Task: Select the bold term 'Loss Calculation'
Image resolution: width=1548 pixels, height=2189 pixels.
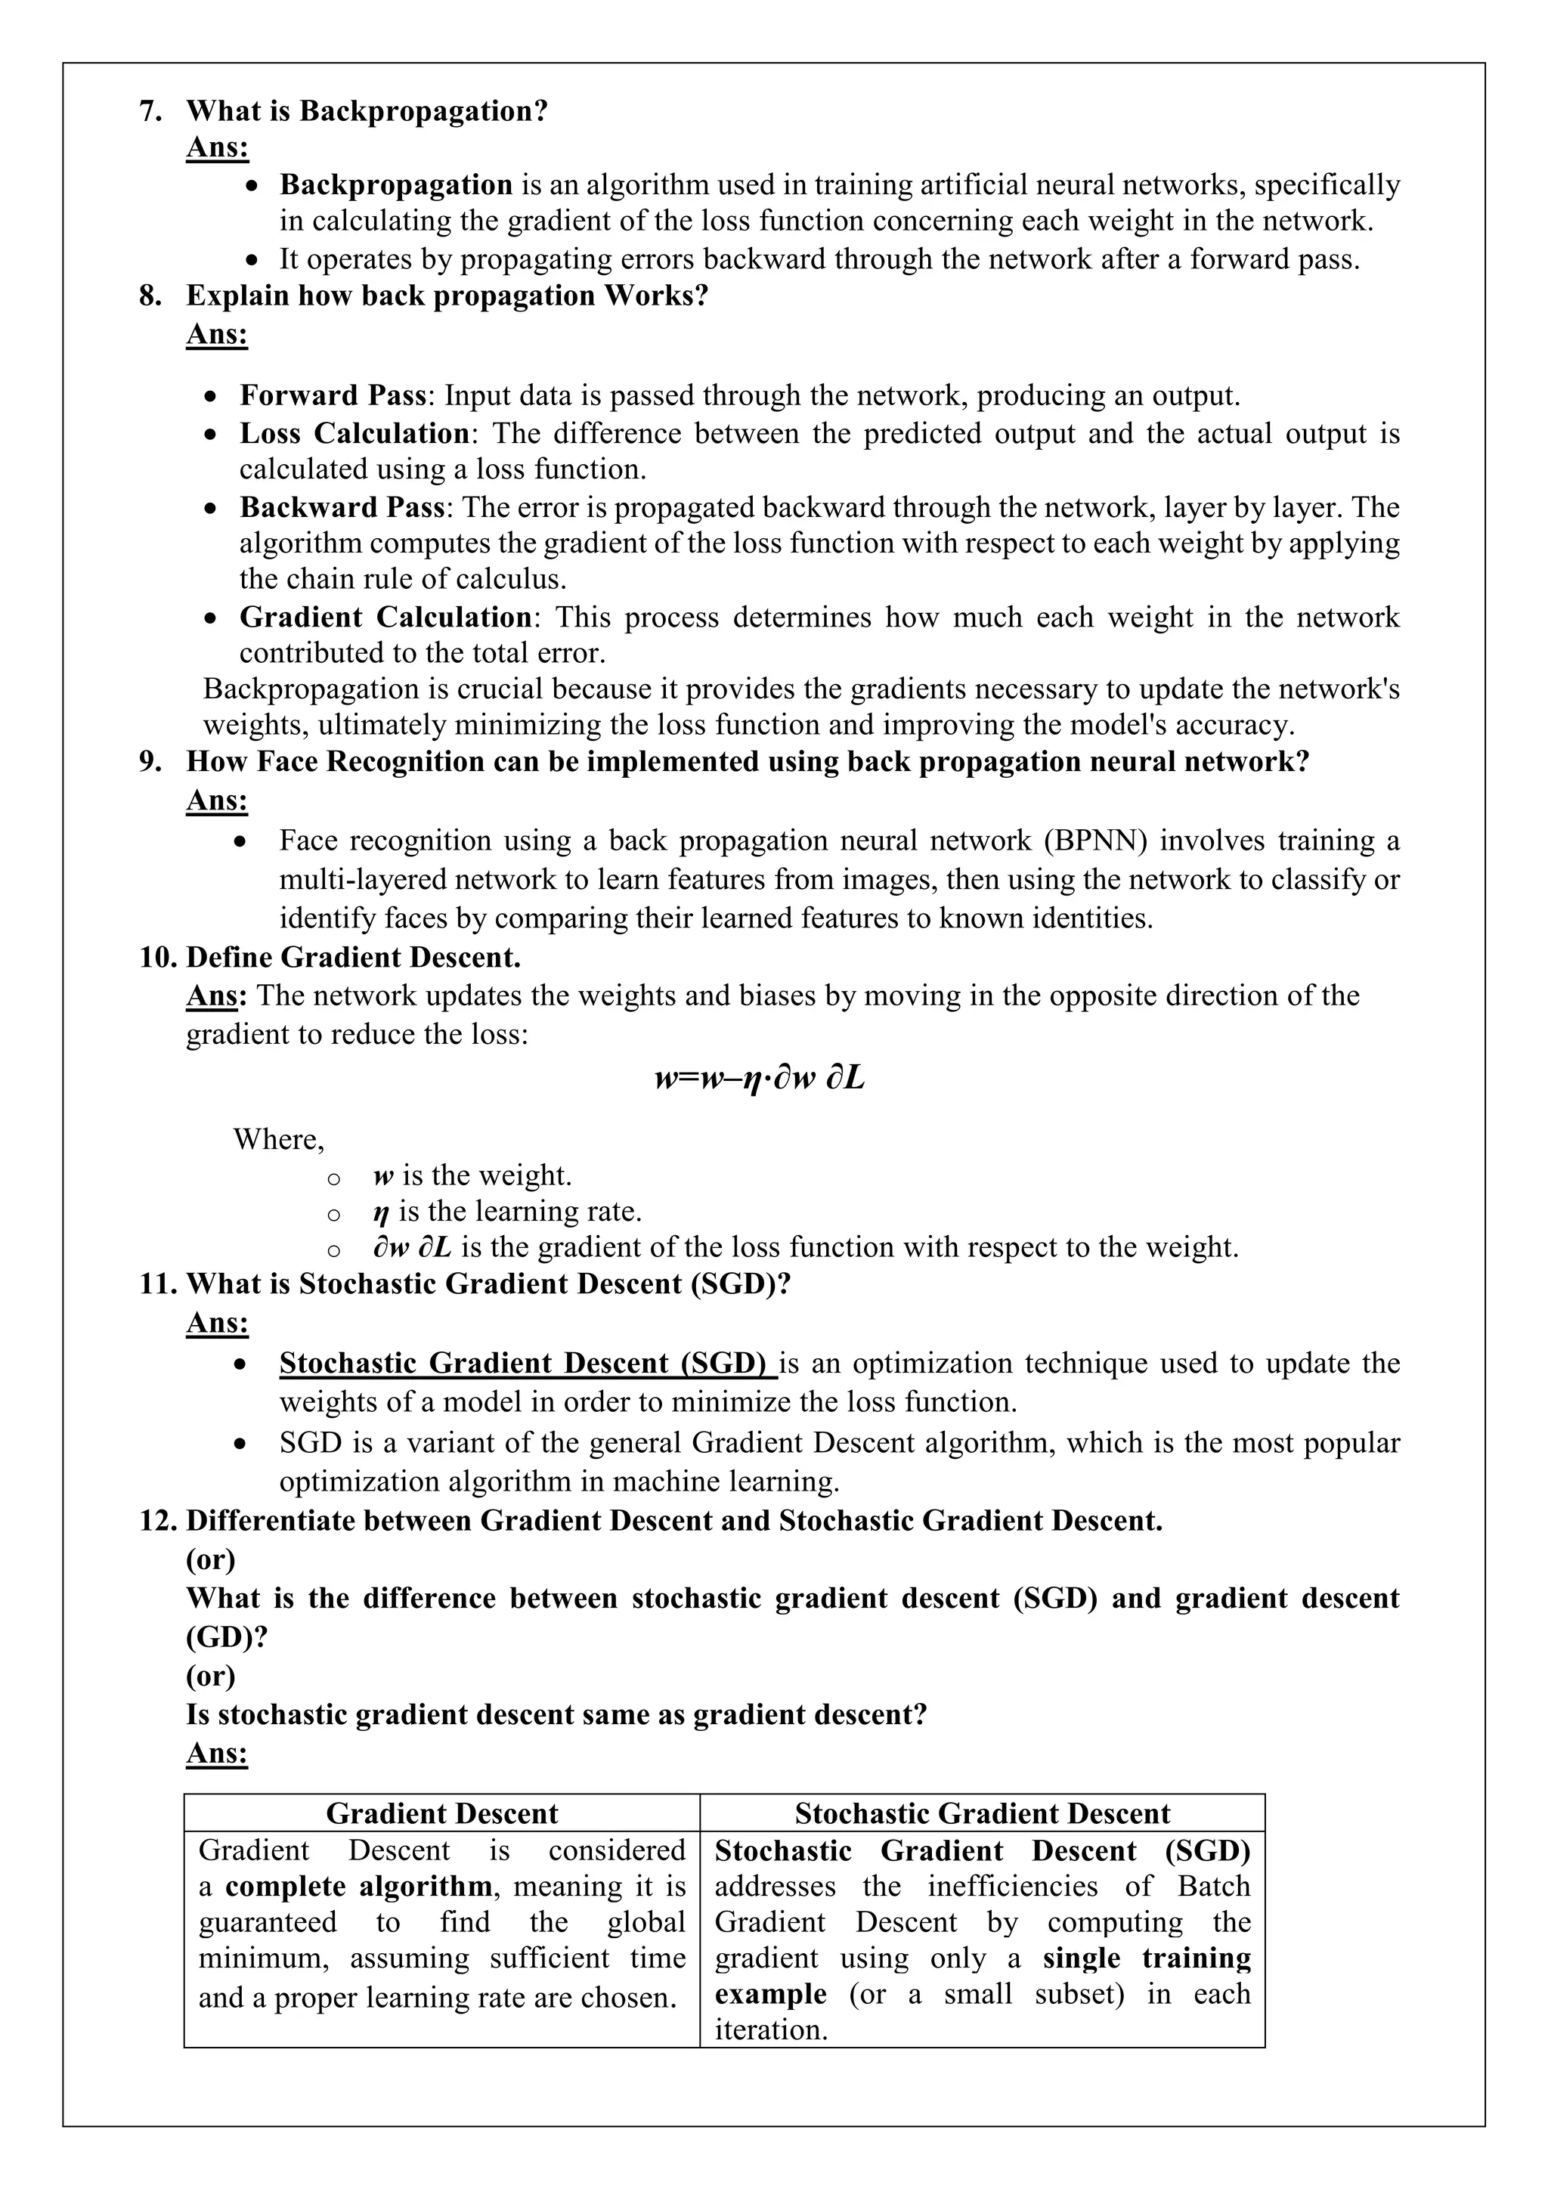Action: [354, 433]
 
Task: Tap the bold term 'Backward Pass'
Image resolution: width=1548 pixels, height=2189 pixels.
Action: [341, 506]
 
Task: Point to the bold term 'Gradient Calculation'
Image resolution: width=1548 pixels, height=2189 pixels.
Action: [385, 617]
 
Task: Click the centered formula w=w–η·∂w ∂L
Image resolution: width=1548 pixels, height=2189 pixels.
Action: [760, 1079]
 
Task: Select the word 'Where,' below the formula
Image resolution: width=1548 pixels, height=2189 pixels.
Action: [278, 1139]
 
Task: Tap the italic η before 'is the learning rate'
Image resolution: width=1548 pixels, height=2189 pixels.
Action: [381, 1212]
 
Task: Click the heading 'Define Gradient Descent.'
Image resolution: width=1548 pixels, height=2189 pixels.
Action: [353, 956]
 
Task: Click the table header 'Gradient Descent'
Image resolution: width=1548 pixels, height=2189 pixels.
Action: [441, 1813]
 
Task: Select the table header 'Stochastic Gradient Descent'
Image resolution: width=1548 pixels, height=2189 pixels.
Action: [982, 1813]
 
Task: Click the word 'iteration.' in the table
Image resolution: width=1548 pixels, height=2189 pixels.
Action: [770, 2030]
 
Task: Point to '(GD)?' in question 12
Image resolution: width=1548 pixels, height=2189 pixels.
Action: [227, 1637]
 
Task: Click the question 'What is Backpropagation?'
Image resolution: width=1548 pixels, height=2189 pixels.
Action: [367, 112]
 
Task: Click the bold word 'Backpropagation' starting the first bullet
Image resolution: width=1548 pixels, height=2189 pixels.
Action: [395, 185]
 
